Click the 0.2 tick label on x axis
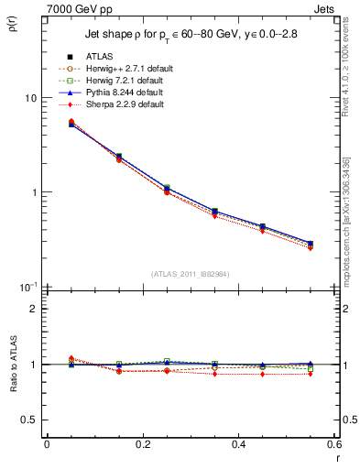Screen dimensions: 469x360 142,445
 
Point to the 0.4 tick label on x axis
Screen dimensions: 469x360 238,445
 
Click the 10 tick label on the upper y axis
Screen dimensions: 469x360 30,98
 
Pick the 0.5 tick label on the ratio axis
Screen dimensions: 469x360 29,420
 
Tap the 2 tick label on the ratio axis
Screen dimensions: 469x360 33,309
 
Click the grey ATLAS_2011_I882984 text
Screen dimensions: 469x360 190,275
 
